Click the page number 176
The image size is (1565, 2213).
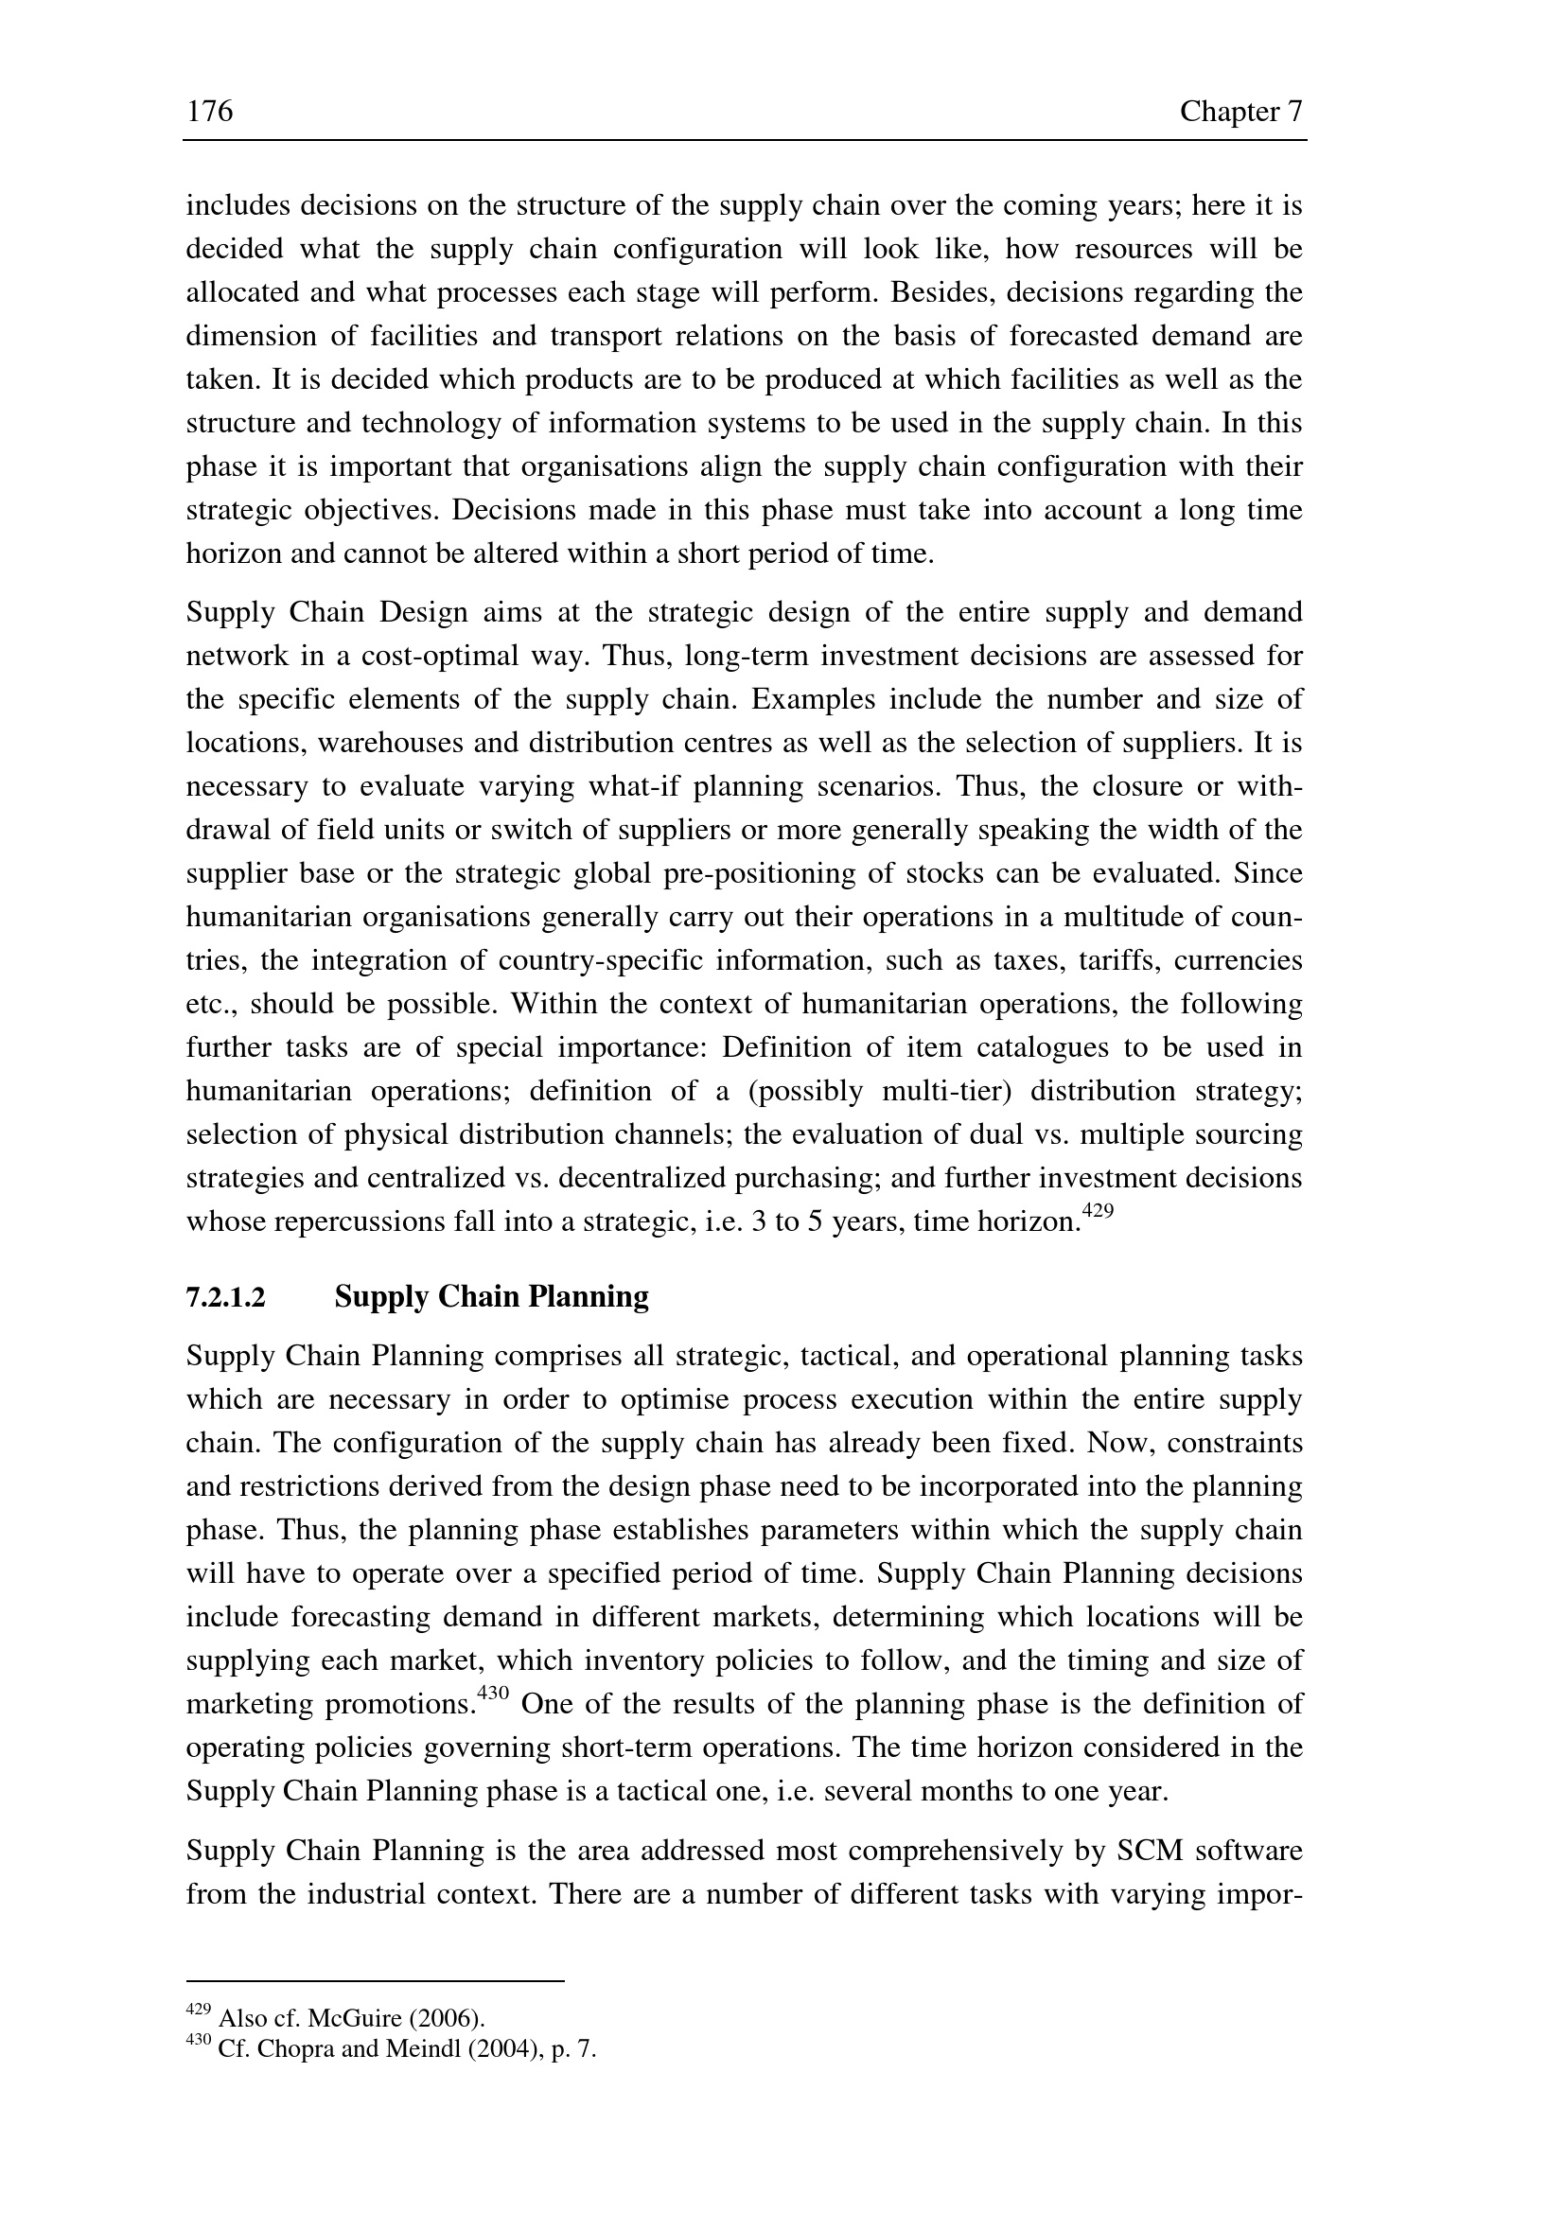click(x=209, y=113)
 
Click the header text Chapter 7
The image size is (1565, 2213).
click(x=1241, y=113)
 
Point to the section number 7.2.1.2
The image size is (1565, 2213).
click(x=224, y=1298)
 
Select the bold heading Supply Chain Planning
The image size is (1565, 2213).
click(x=491, y=1297)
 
